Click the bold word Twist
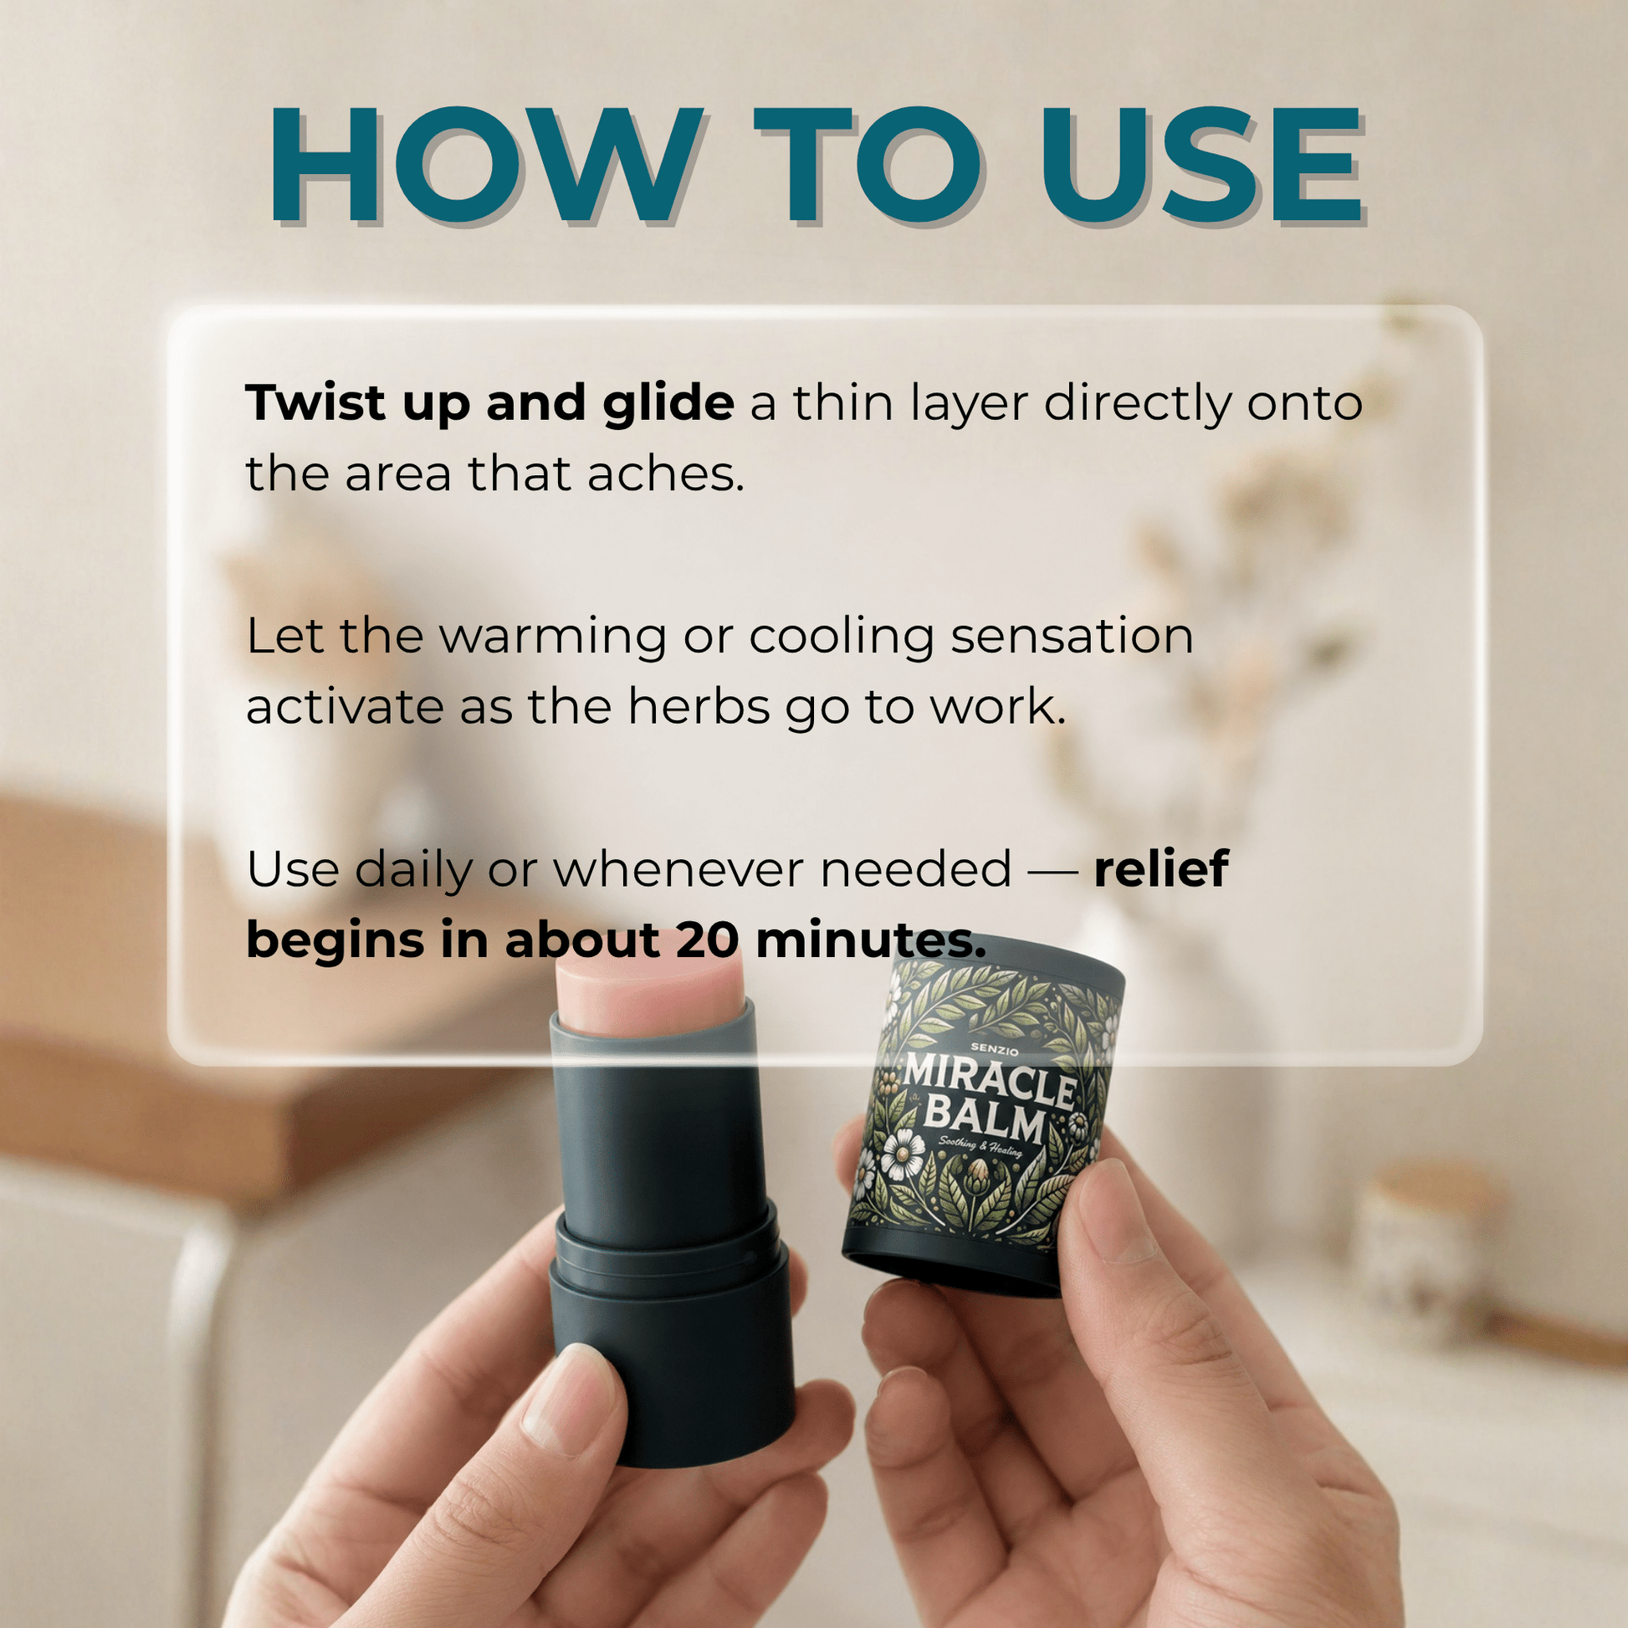pos(316,402)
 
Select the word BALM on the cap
pos(984,1122)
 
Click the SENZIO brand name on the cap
pos(995,1050)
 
